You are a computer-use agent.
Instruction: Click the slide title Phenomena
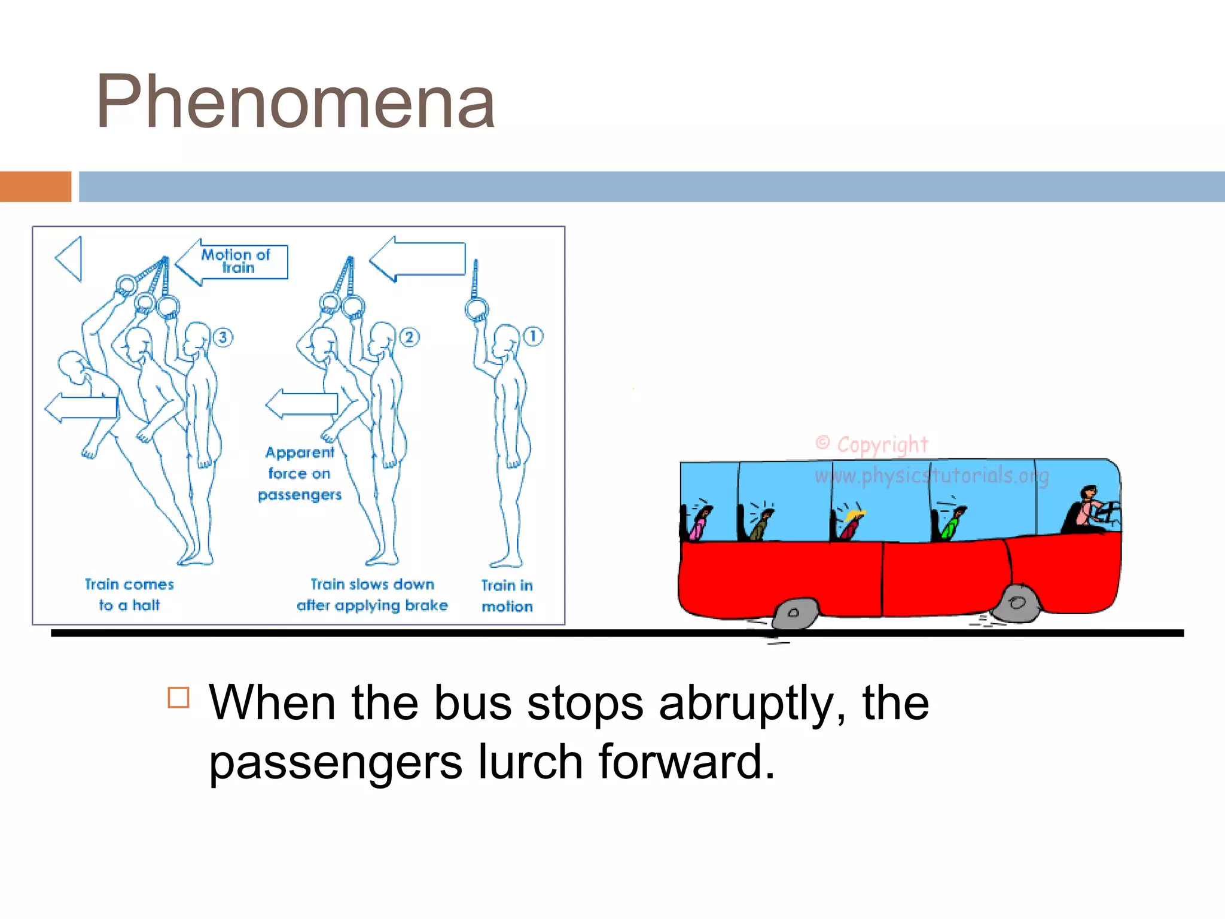coord(295,102)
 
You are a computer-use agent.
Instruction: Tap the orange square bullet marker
coord(179,698)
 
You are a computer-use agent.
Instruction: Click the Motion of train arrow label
coord(236,261)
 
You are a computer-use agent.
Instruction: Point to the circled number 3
coord(223,337)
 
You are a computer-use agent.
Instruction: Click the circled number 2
coord(409,337)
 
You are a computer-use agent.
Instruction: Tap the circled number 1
coord(533,336)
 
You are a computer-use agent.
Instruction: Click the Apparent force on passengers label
coord(300,473)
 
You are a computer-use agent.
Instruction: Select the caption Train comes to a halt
coord(129,594)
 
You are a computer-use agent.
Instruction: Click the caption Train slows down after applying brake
coord(372,595)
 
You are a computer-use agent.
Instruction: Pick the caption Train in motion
coord(507,596)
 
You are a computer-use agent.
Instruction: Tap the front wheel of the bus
coord(1017,602)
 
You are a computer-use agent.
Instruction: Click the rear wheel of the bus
coord(793,613)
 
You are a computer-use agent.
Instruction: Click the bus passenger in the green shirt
coord(950,524)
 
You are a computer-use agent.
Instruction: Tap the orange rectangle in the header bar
coord(35,187)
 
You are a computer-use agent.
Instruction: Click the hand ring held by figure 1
coord(477,309)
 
